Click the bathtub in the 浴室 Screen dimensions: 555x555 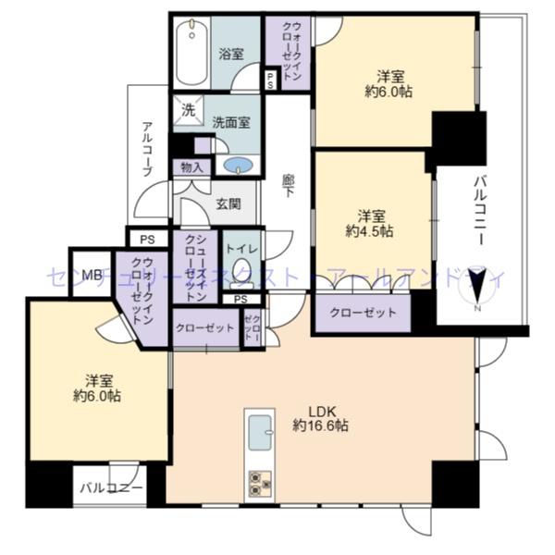tap(192, 53)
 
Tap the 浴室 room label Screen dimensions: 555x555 tap(232, 54)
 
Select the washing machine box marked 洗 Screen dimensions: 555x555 tap(188, 109)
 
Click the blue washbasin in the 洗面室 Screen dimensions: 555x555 tap(238, 166)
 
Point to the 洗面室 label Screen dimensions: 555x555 tap(230, 122)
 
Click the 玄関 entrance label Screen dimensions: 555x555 tap(229, 204)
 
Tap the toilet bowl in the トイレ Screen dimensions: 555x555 tap(242, 271)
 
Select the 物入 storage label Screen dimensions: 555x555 tap(192, 167)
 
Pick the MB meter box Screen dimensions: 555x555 tap(92, 274)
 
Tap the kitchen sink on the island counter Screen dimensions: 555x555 tap(260, 430)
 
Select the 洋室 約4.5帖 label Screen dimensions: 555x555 tap(373, 222)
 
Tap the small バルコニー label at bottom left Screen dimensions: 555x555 tap(110, 487)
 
